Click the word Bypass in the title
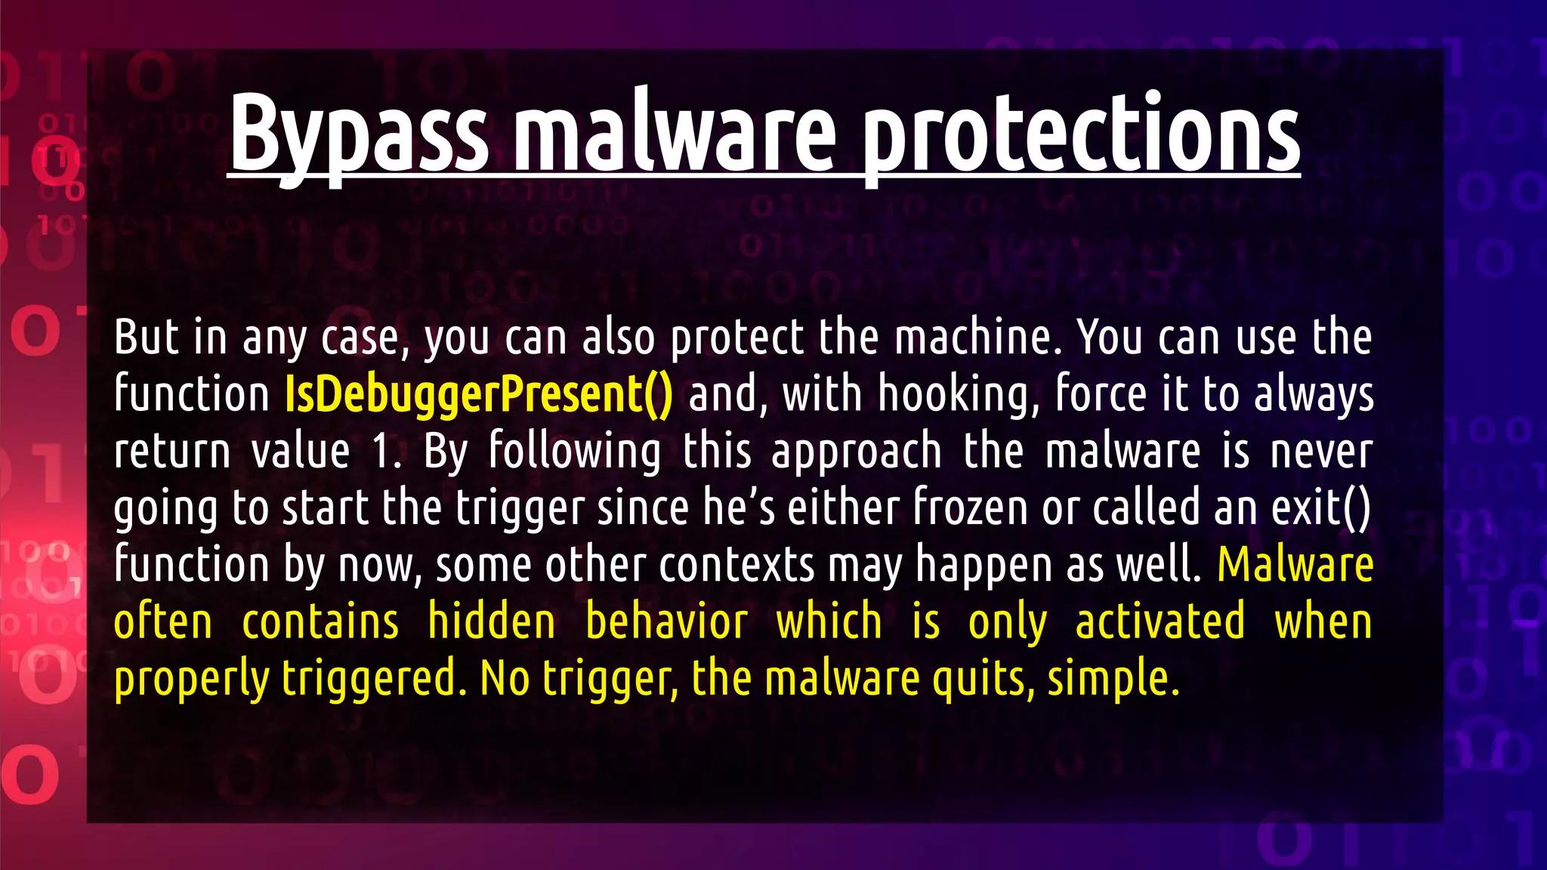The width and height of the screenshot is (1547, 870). tap(358, 134)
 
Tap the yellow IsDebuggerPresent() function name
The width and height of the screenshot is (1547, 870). tap(478, 394)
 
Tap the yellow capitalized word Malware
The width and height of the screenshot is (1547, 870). tap(1295, 564)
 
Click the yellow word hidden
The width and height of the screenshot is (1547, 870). tap(492, 622)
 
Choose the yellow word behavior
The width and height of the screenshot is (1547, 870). tap(666, 622)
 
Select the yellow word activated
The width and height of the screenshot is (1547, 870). tap(1159, 622)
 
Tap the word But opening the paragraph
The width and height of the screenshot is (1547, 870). tap(147, 337)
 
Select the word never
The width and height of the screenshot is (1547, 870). tap(1321, 451)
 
